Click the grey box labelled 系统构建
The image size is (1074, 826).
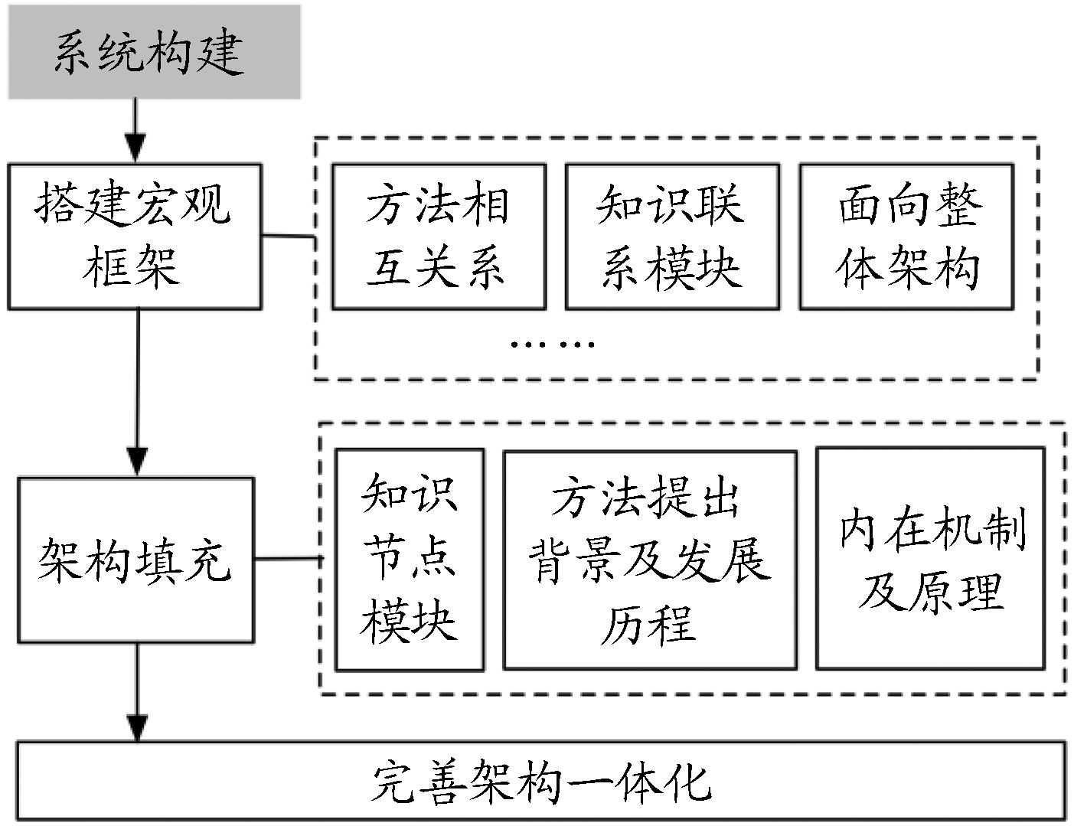154,53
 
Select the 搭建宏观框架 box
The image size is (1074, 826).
135,236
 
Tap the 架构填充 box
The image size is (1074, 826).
136,560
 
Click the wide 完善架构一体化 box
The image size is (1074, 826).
540,780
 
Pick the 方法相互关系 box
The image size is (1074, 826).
439,236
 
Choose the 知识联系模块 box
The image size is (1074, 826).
672,236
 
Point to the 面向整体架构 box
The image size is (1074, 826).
906,236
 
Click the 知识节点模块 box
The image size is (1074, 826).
410,560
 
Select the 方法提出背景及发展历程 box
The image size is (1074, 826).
650,560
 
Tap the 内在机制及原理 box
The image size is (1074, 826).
930,560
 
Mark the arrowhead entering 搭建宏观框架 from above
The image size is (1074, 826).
135,148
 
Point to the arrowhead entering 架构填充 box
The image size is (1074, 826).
137,462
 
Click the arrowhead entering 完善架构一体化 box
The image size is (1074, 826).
137,727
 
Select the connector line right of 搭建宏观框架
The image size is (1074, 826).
289,236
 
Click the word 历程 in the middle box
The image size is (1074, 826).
648,624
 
